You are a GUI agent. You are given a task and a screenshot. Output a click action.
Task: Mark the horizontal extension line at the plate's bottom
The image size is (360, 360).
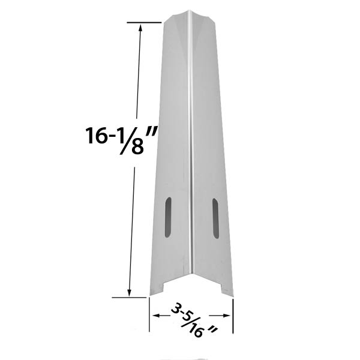(130, 297)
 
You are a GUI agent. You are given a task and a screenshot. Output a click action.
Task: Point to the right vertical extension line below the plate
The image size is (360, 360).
(233, 312)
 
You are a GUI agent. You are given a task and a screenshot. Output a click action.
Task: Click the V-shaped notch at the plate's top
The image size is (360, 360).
(190, 22)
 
